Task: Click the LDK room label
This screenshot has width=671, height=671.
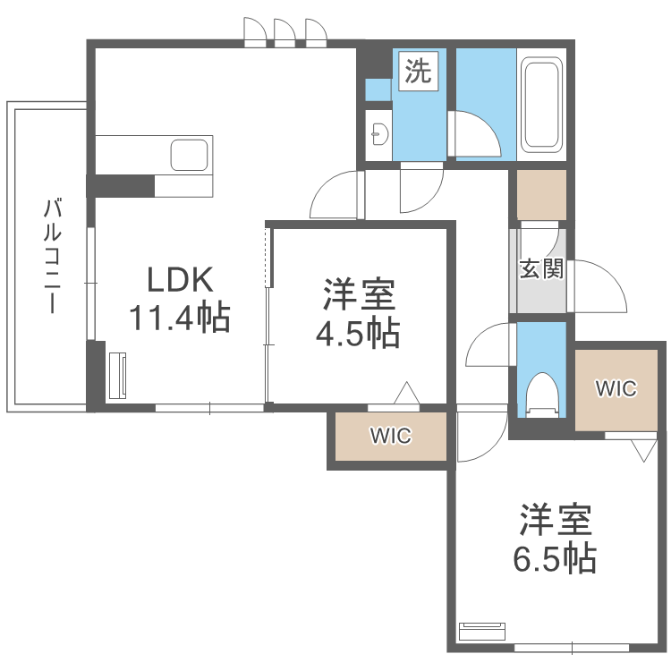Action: pyautogui.click(x=180, y=281)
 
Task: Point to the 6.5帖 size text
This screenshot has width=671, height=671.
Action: pyautogui.click(x=555, y=559)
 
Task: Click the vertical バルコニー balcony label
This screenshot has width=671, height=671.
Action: pyautogui.click(x=53, y=256)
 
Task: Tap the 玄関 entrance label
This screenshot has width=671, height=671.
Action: pyautogui.click(x=541, y=268)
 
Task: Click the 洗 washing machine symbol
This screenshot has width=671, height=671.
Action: pyautogui.click(x=417, y=72)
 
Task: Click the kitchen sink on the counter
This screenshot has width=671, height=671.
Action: pyautogui.click(x=191, y=155)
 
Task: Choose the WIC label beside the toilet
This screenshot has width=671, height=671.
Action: pyautogui.click(x=616, y=388)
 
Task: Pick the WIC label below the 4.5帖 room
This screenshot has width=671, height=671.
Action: pyautogui.click(x=391, y=436)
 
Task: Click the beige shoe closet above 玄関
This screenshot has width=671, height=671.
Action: pyautogui.click(x=541, y=194)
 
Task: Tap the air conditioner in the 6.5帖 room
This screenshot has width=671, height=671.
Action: pyautogui.click(x=482, y=630)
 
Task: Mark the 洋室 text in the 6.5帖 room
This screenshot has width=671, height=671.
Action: pyautogui.click(x=555, y=520)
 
